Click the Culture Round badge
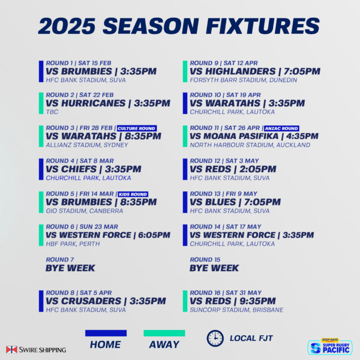pyautogui.click(x=137, y=128)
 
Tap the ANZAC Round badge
pyautogui.click(x=281, y=128)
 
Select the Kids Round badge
pyautogui.click(x=133, y=194)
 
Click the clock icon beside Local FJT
pyautogui.click(x=215, y=338)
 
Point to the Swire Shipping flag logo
pyautogui.click(x=12, y=349)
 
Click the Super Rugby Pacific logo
pyautogui.click(x=330, y=346)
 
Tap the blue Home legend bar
pyautogui.click(x=106, y=333)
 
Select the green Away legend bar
pyautogui.click(x=164, y=333)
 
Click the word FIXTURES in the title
pyautogui.click(x=263, y=26)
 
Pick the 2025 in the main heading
pyautogui.click(x=67, y=26)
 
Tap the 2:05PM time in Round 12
pyautogui.click(x=258, y=169)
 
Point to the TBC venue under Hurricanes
pyautogui.click(x=52, y=112)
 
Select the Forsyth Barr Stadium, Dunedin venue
pyautogui.click(x=244, y=80)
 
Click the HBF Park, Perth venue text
pyautogui.click(x=73, y=244)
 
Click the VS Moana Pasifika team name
pyautogui.click(x=234, y=136)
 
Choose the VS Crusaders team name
pyautogui.click(x=83, y=301)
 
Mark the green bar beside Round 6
pyautogui.click(x=41, y=235)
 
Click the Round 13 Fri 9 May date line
pyautogui.click(x=223, y=193)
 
